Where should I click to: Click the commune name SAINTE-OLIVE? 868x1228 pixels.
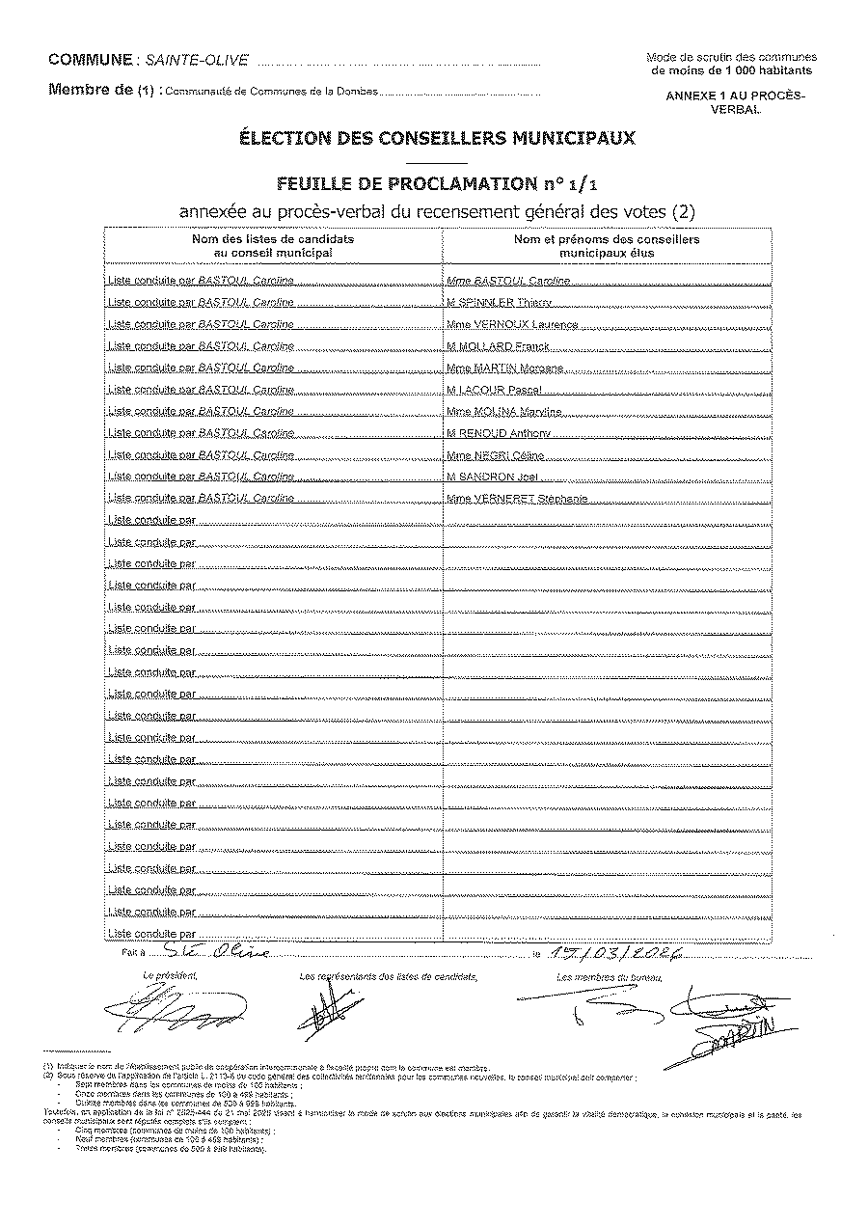point(196,60)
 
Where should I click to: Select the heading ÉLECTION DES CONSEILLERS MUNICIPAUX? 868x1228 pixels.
point(437,138)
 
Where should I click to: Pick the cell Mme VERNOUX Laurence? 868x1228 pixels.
point(512,325)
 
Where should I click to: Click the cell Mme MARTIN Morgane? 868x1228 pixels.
point(504,368)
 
